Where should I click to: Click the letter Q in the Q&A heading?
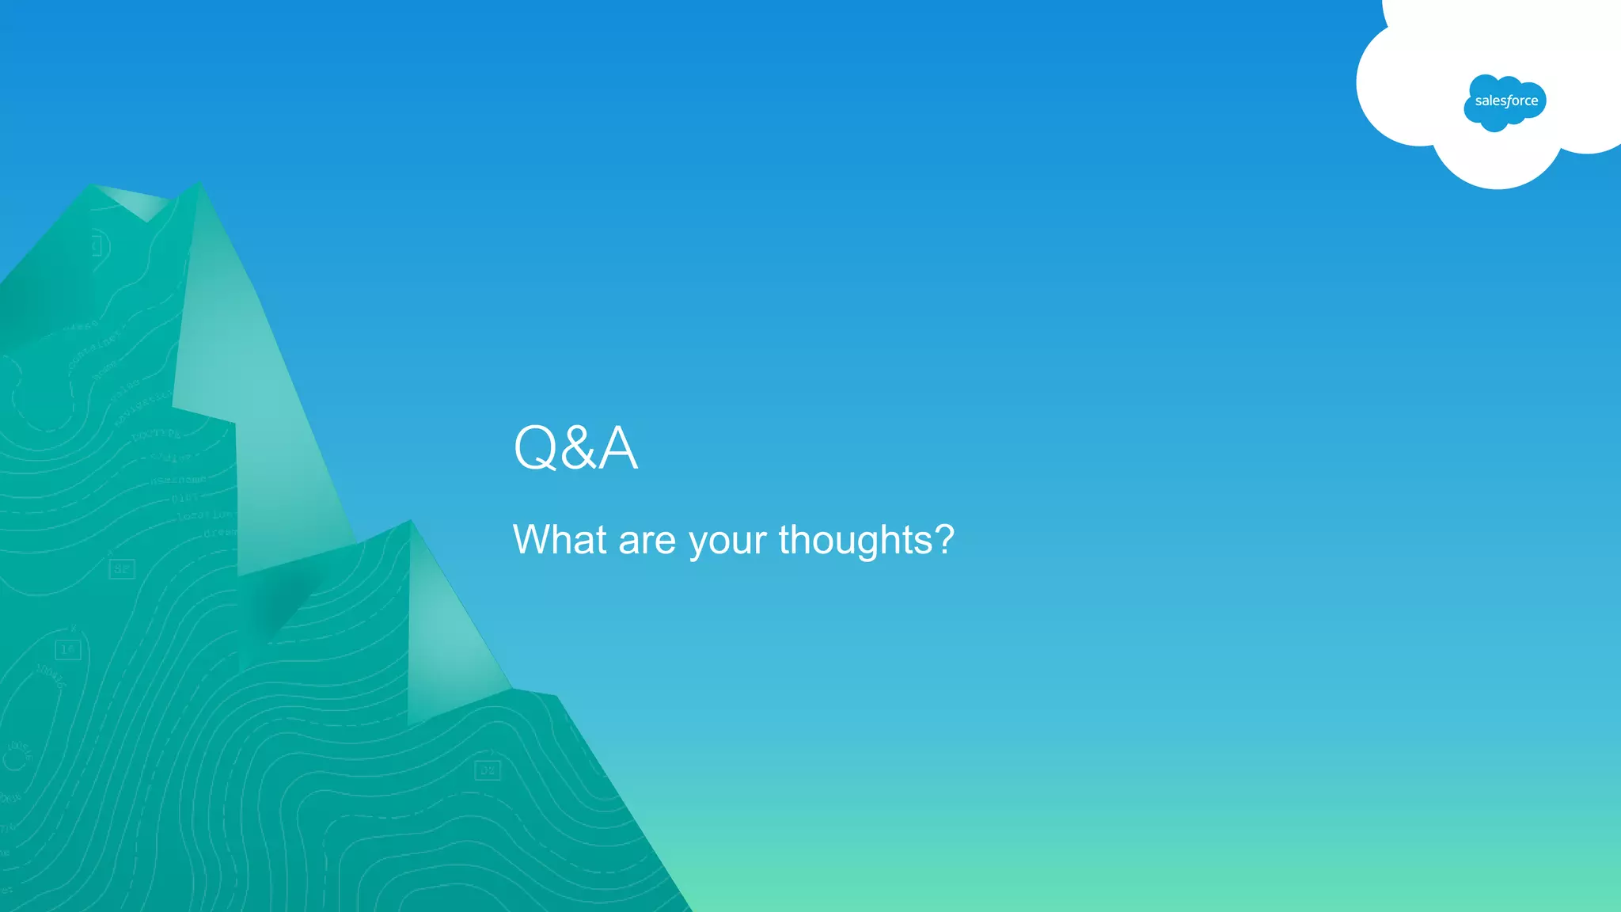pyautogui.click(x=536, y=448)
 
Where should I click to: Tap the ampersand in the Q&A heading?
pyautogui.click(x=578, y=448)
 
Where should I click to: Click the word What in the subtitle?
pyautogui.click(x=560, y=540)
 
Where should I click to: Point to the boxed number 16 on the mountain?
pyautogui.click(x=68, y=650)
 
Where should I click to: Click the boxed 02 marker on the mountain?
pyautogui.click(x=487, y=770)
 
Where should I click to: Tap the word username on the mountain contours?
pyautogui.click(x=179, y=480)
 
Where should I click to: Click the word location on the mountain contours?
pyautogui.click(x=204, y=515)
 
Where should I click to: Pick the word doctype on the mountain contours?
pyautogui.click(x=157, y=434)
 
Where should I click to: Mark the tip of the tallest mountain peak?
pyautogui.click(x=198, y=183)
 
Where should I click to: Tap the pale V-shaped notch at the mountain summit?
pyautogui.click(x=142, y=204)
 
